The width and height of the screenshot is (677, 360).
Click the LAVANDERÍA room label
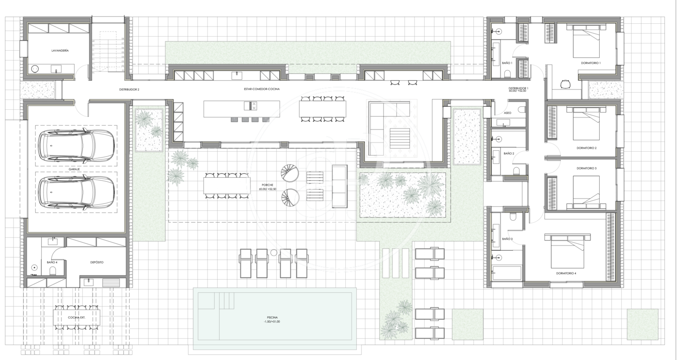coord(60,51)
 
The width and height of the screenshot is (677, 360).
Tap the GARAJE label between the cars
coord(74,170)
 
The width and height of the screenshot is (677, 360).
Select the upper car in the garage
coord(76,146)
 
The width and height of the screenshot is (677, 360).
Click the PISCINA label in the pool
coord(272,317)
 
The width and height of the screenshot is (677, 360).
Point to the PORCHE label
coord(267,185)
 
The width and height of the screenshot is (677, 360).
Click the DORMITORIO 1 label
coord(590,63)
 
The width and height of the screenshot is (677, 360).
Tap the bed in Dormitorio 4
coord(567,251)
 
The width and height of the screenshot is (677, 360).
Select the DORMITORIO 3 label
coord(586,168)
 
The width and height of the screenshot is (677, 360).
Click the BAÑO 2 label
coord(509,154)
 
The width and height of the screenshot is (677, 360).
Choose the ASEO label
coord(508,113)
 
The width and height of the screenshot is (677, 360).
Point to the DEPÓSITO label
coord(97,262)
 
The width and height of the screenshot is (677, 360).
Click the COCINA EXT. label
coord(76,318)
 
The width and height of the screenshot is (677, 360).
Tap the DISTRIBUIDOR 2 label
coord(129,90)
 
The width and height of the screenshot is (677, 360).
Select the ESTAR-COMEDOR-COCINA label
coord(262,89)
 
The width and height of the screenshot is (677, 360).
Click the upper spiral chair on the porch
coord(290,173)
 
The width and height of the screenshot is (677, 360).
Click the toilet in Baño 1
coord(507,73)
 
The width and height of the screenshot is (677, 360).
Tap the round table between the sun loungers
coord(274,252)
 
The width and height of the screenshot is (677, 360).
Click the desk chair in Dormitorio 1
coord(565,84)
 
